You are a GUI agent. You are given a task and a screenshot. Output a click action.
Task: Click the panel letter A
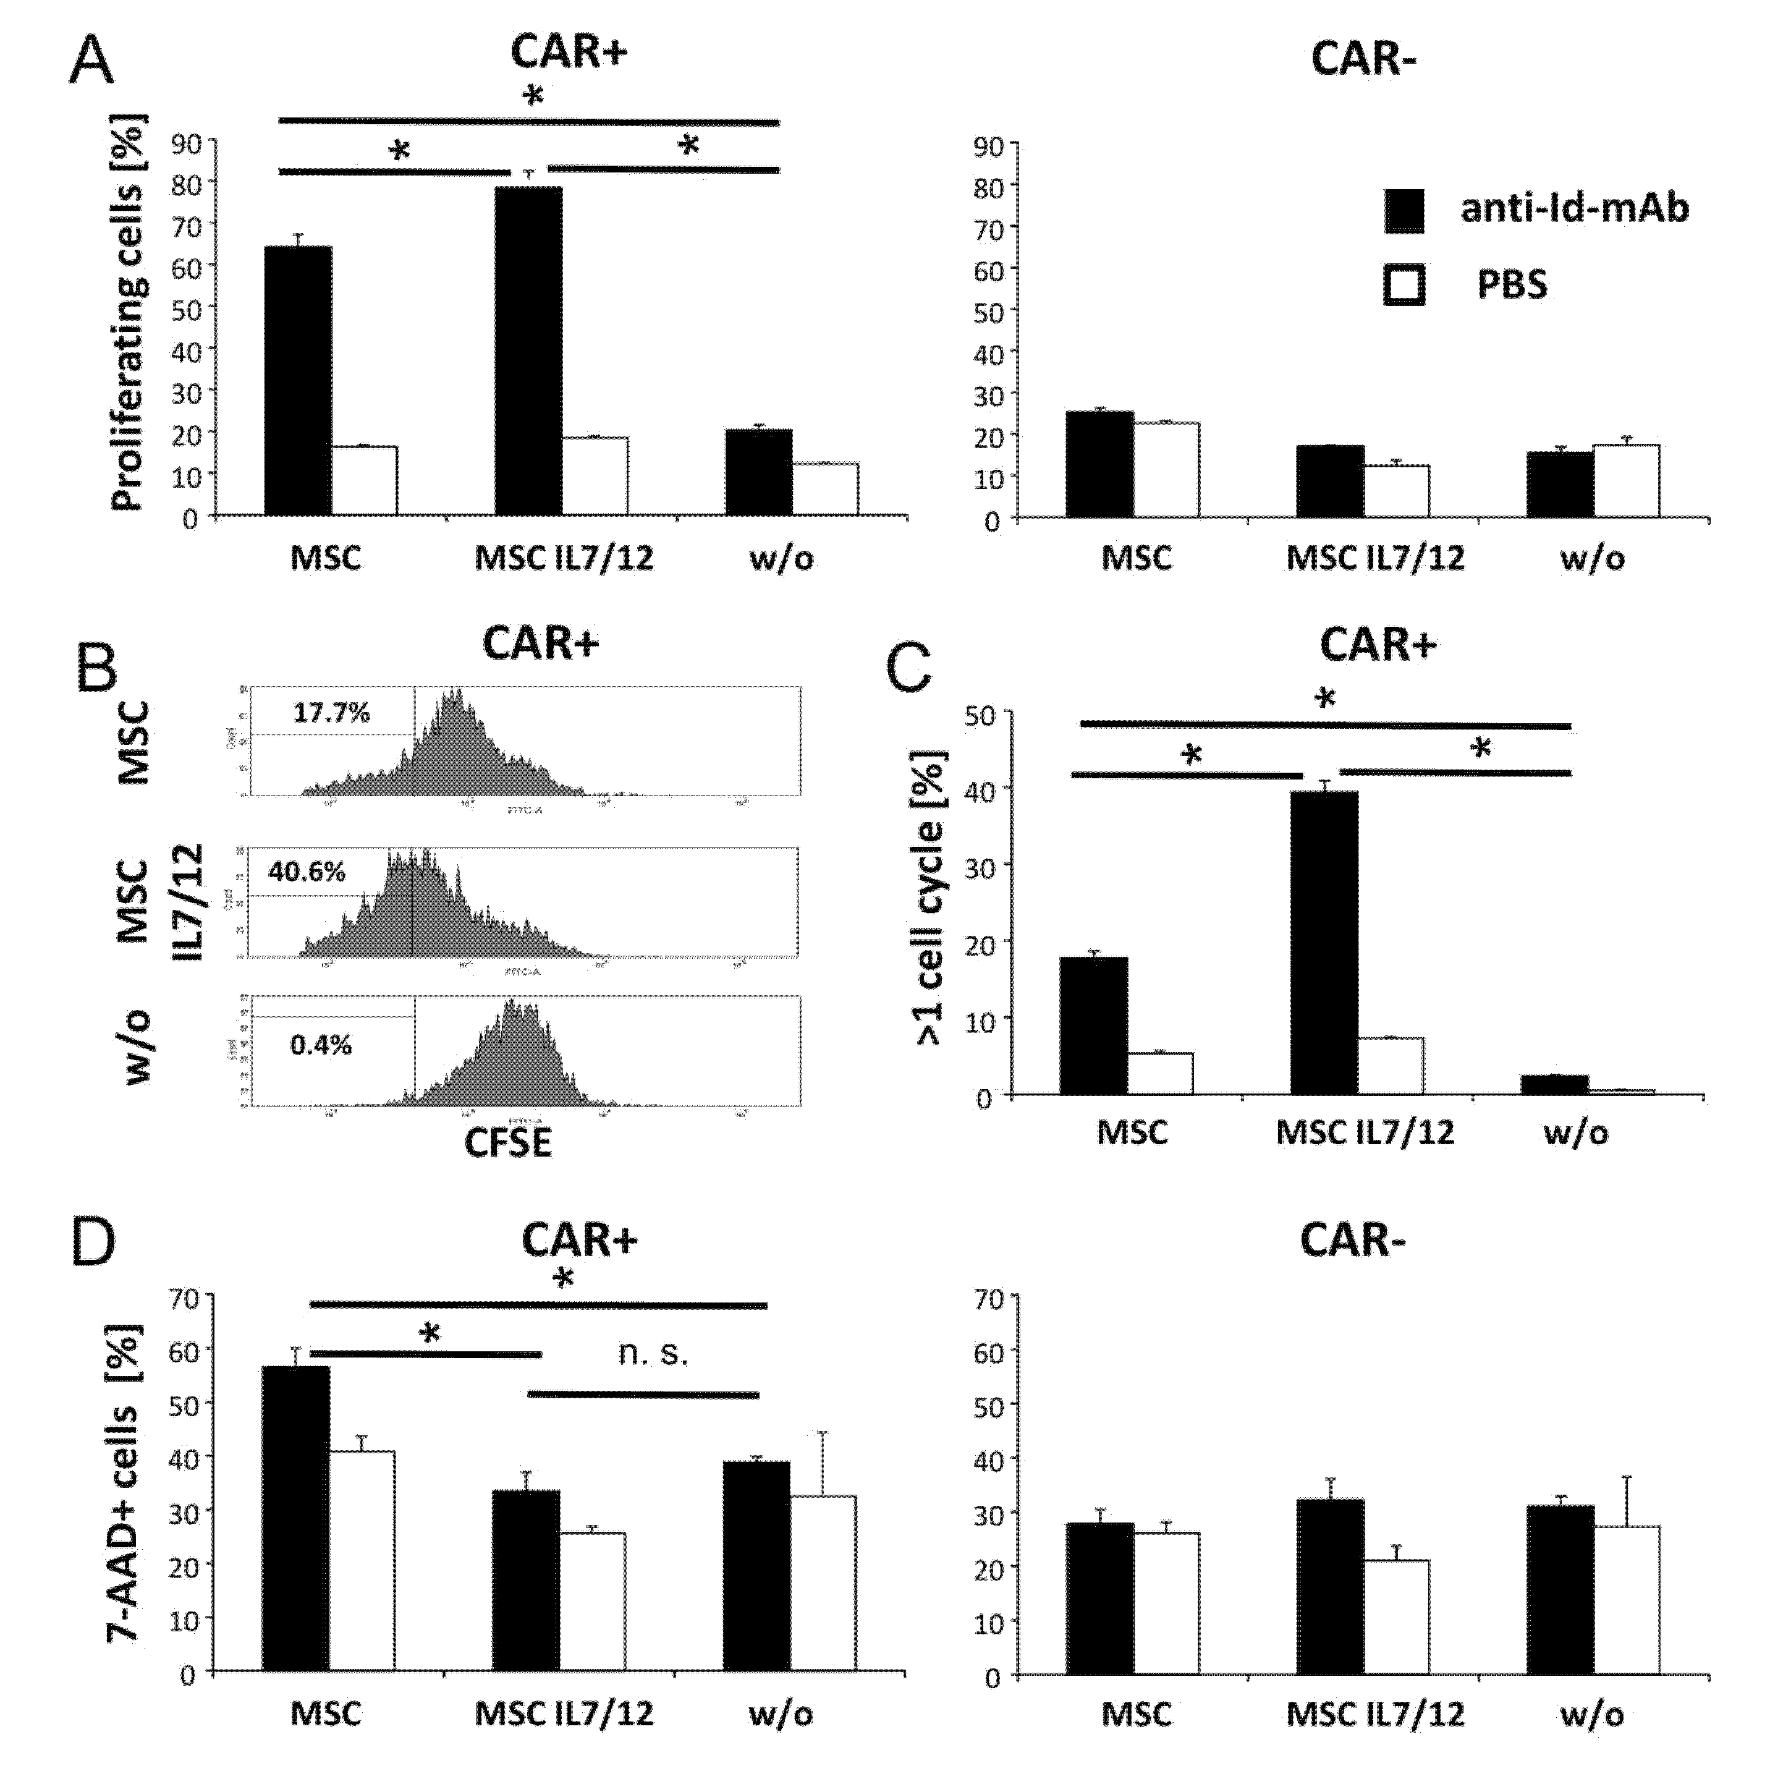pyautogui.click(x=91, y=62)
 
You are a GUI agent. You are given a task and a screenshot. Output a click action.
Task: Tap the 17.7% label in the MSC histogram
pyautogui.click(x=331, y=713)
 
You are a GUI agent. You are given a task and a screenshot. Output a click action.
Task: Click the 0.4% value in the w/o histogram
pyautogui.click(x=320, y=1045)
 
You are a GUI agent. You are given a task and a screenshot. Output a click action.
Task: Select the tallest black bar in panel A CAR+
pyautogui.click(x=528, y=351)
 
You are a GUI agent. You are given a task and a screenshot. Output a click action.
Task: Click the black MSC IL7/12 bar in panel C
pyautogui.click(x=1324, y=942)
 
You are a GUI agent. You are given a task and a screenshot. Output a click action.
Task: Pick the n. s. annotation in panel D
pyautogui.click(x=653, y=1354)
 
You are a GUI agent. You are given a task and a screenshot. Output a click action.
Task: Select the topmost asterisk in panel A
pyautogui.click(x=534, y=96)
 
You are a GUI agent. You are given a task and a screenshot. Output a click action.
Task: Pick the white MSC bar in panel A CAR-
pyautogui.click(x=1166, y=469)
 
